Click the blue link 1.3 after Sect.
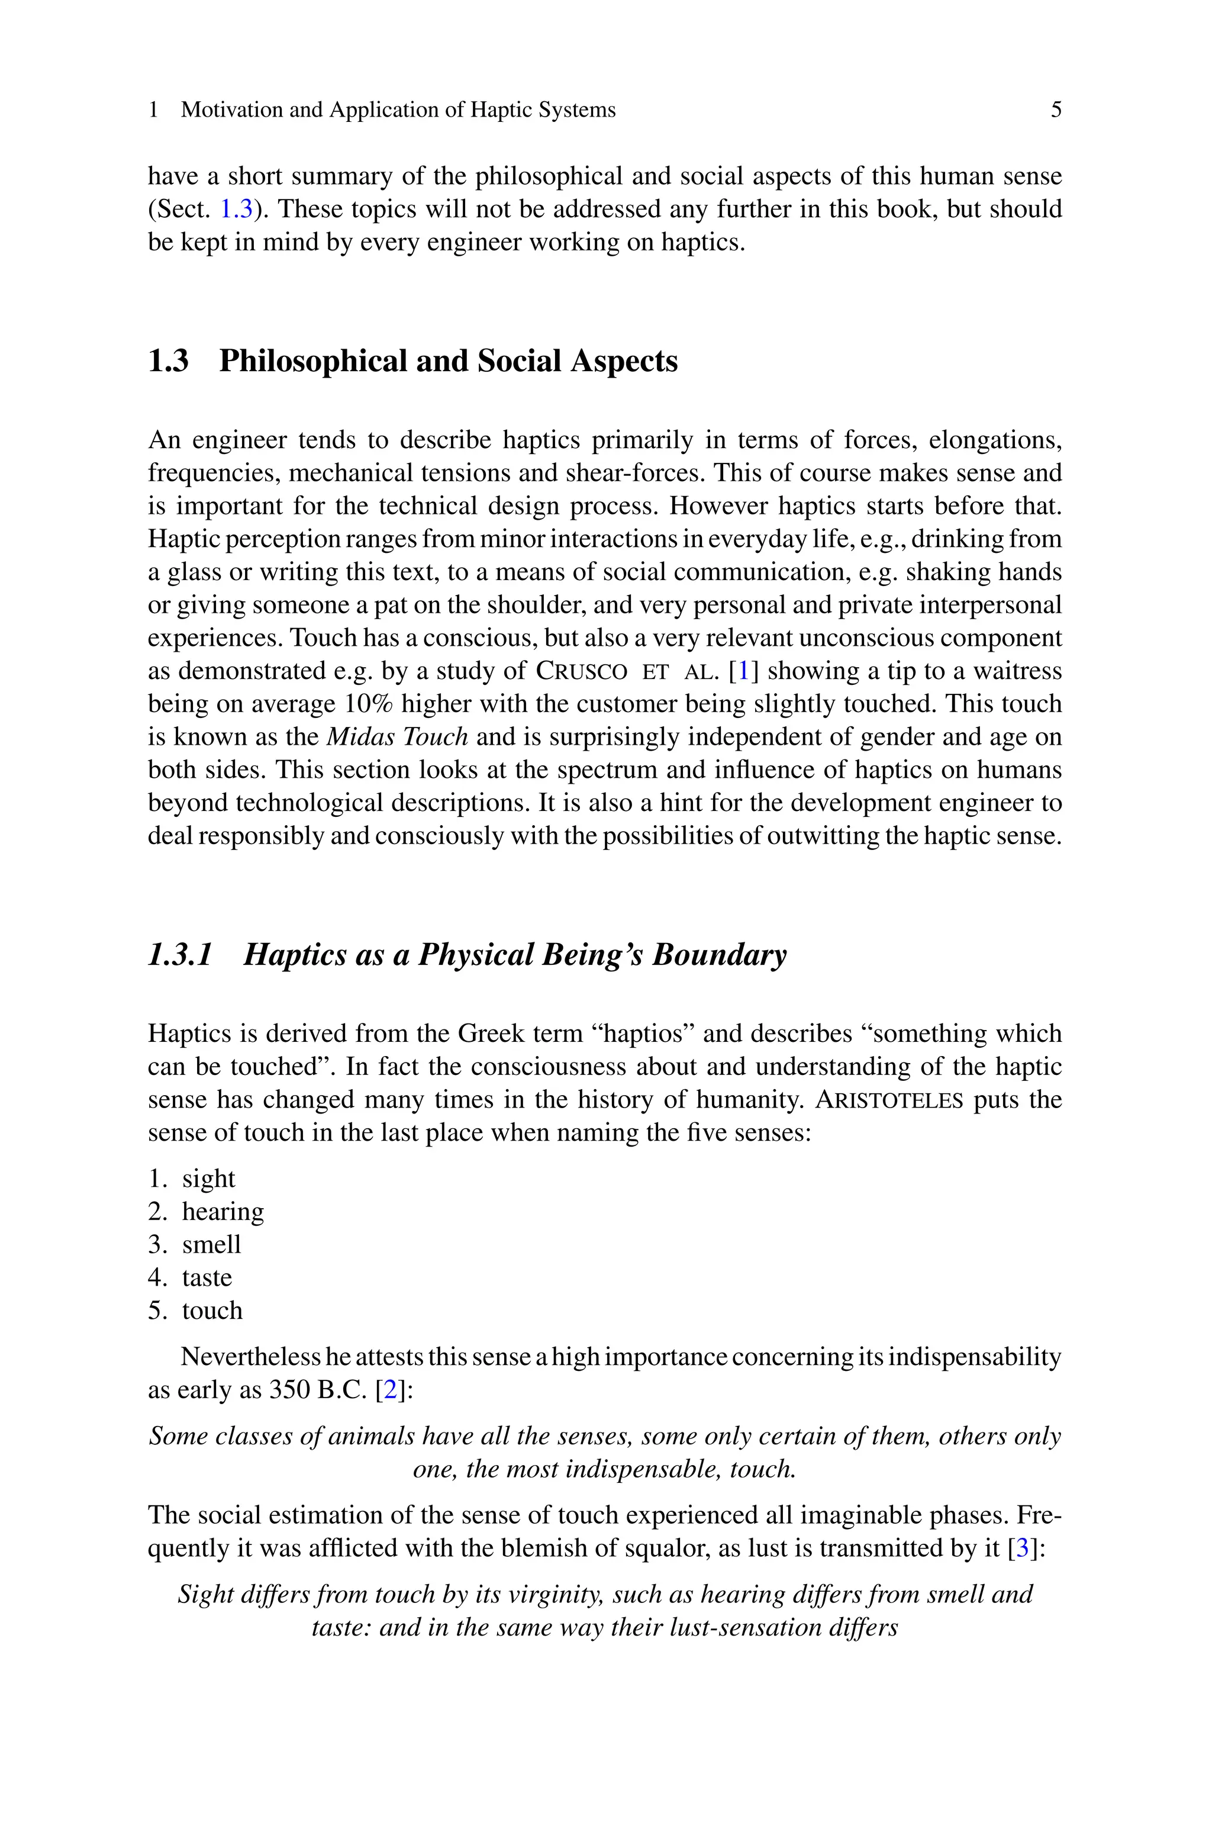click(x=237, y=210)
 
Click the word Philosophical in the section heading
click(x=312, y=361)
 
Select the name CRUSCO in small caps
click(x=581, y=671)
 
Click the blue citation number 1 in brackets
click(x=743, y=671)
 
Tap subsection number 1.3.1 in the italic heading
click(x=180, y=955)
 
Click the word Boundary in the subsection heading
click(x=719, y=955)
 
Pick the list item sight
click(x=209, y=1179)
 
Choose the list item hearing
click(x=223, y=1212)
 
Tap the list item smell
click(x=211, y=1244)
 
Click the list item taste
click(x=207, y=1277)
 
